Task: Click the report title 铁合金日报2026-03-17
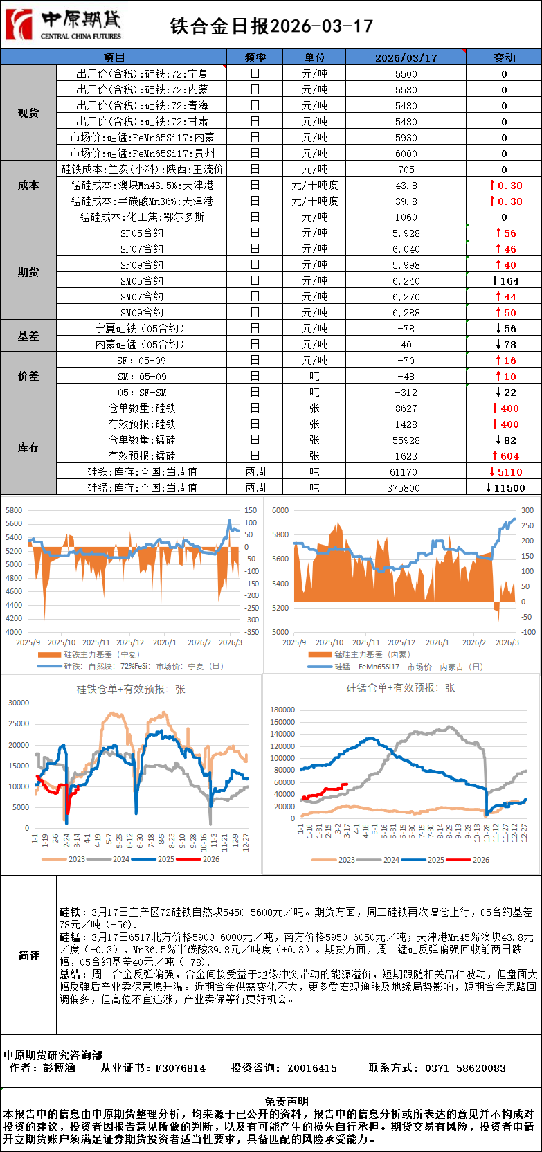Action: click(271, 26)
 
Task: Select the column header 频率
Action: click(255, 57)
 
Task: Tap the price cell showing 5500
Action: click(406, 74)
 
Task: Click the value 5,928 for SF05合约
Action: click(406, 233)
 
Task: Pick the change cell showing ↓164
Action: click(505, 281)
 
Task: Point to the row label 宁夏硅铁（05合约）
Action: click(141, 329)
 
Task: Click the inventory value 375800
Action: click(406, 488)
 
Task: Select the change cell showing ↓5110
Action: click(505, 472)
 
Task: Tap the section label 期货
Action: click(28, 272)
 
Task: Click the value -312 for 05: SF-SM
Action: click(406, 393)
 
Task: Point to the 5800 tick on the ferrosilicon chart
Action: click(14, 510)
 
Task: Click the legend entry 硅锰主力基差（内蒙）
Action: click(372, 654)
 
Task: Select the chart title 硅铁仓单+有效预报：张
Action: click(131, 690)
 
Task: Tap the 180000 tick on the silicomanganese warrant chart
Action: click(282, 710)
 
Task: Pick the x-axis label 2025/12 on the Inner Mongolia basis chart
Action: click(401, 642)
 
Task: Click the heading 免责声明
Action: click(287, 1101)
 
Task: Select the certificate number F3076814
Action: click(181, 1068)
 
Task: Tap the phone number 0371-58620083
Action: click(465, 1068)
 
